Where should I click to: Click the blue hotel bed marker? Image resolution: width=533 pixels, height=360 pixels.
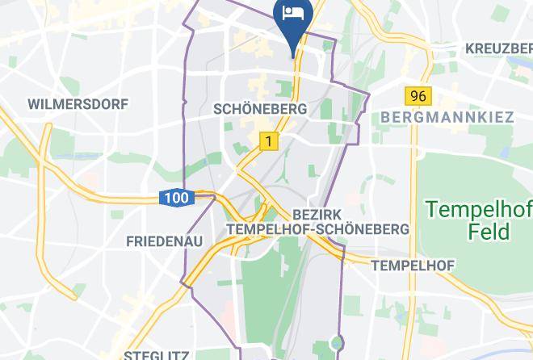[291, 15]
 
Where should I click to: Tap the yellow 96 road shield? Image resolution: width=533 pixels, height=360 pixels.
[418, 96]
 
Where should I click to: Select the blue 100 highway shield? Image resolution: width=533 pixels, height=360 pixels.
[175, 197]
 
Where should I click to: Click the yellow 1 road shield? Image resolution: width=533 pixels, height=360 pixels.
[268, 141]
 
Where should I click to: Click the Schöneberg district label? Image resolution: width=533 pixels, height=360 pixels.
[259, 108]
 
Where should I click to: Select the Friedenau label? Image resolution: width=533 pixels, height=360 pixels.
[164, 241]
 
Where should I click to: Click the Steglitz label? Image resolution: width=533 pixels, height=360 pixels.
[157, 354]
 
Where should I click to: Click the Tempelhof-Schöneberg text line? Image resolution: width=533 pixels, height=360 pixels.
[317, 229]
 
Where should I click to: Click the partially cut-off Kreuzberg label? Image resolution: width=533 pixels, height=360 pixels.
[498, 48]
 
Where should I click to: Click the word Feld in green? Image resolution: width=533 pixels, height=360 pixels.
[489, 232]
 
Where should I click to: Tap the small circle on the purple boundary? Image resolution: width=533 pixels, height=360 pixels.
[339, 342]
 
